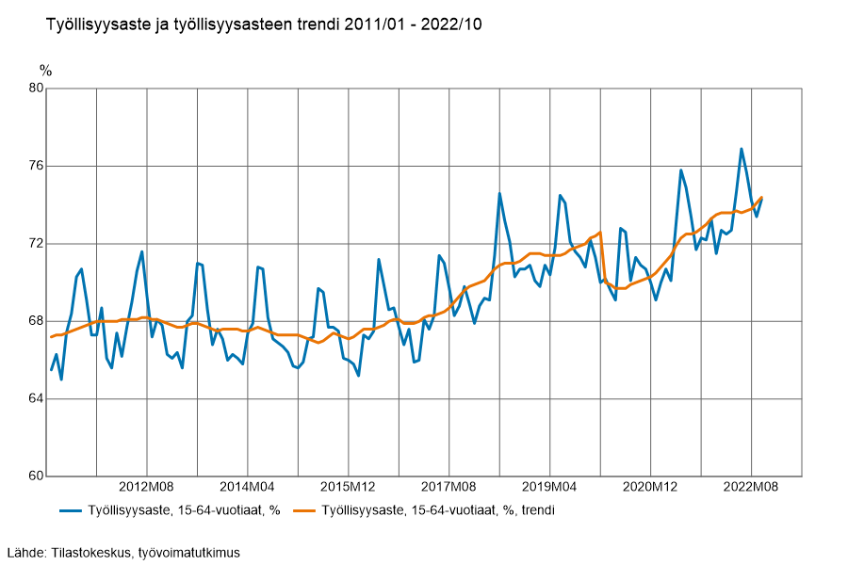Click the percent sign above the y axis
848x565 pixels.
coord(46,71)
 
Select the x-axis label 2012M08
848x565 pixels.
coord(147,487)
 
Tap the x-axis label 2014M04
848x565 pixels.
coord(247,487)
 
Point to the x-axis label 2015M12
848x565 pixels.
coord(348,487)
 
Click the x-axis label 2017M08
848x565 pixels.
coord(448,487)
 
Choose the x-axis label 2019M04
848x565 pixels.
coord(549,487)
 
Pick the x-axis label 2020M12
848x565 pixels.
coord(650,487)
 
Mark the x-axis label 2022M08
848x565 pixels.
coord(751,487)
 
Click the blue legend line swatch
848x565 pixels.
coord(72,510)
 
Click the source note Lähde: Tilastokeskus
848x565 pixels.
coord(122,552)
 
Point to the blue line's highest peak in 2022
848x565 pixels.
coord(742,149)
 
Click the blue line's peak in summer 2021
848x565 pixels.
coord(681,170)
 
